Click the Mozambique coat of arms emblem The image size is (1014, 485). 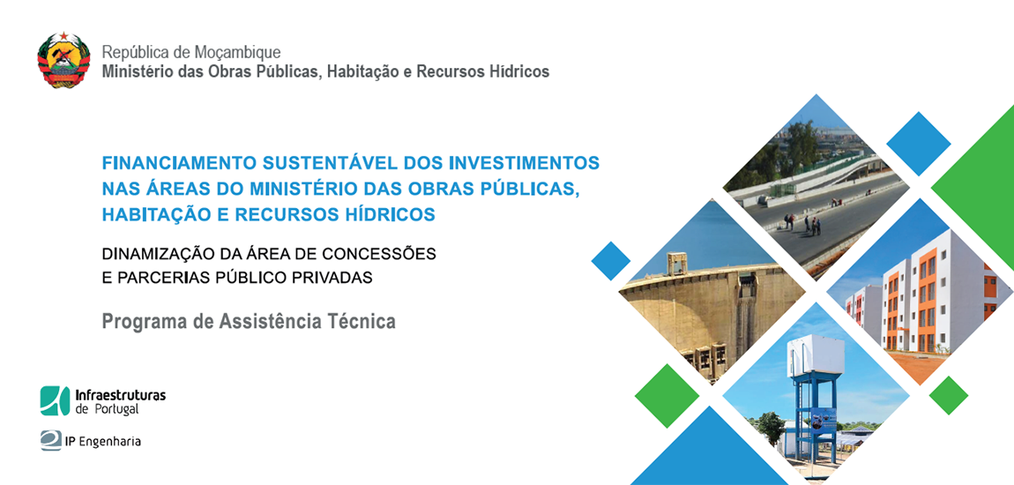(x=63, y=61)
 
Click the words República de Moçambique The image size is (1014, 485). (x=191, y=52)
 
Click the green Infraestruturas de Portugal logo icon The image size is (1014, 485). (x=55, y=400)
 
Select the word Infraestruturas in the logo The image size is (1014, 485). (x=121, y=395)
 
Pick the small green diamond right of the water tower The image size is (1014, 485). (x=949, y=395)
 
